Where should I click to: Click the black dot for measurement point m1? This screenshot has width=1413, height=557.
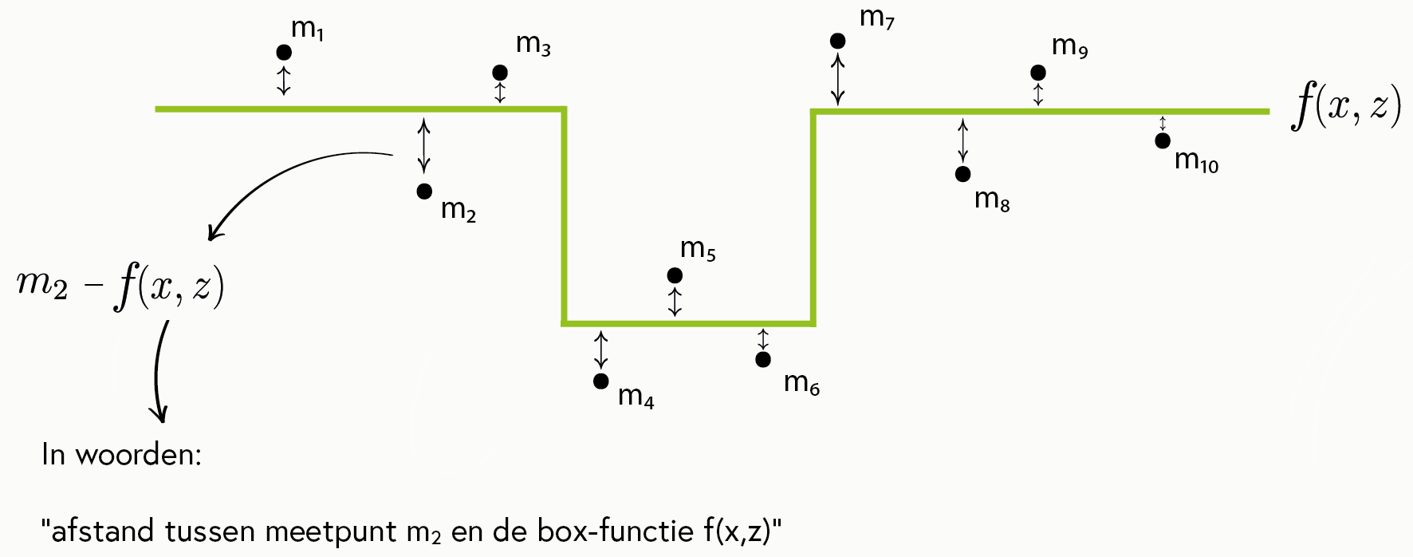(x=283, y=53)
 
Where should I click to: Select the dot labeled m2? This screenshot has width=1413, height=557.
(x=424, y=192)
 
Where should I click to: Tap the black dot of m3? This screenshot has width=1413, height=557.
(x=500, y=73)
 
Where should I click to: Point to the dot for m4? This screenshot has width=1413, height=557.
(x=601, y=381)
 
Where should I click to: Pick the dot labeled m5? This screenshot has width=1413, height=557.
(x=675, y=275)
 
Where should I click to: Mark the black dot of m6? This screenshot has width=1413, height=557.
(x=763, y=359)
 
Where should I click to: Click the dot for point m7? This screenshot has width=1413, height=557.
(x=837, y=41)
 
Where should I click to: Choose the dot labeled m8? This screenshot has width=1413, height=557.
(x=963, y=174)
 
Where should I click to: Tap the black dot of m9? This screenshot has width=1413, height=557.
(x=1038, y=73)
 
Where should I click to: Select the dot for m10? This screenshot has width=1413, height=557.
(x=1163, y=140)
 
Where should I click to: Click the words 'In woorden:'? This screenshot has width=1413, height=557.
(x=121, y=455)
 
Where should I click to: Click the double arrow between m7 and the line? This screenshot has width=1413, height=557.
(x=837, y=79)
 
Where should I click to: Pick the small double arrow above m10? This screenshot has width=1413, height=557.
(x=1163, y=124)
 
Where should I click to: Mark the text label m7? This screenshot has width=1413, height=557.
(x=877, y=18)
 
